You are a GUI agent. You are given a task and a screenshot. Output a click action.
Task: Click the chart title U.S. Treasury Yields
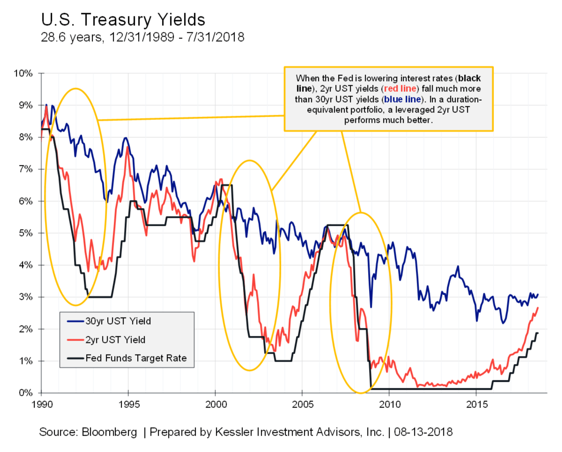click(x=123, y=20)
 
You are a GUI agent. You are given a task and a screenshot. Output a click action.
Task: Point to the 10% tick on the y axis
click(x=25, y=74)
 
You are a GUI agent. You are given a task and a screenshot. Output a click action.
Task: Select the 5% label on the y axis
click(x=27, y=233)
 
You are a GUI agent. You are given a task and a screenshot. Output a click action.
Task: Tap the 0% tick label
click(x=27, y=393)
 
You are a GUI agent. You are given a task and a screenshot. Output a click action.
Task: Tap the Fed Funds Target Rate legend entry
click(x=135, y=358)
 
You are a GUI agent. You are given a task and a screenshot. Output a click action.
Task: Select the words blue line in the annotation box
click(x=402, y=98)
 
